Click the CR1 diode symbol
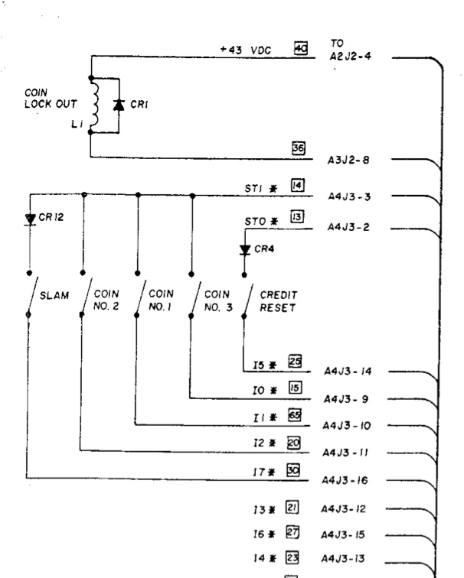(119, 105)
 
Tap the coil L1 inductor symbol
(96, 106)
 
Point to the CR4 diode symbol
(244, 249)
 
